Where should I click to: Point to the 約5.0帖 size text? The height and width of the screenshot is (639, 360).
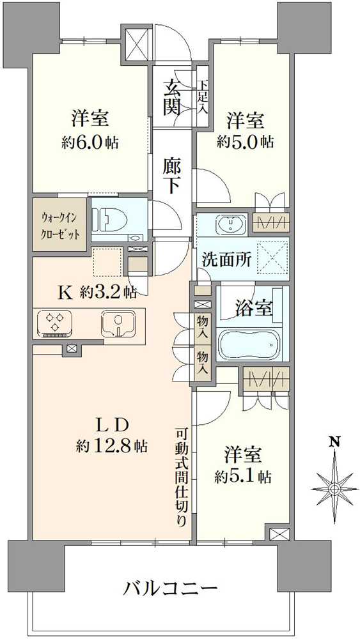click(x=245, y=141)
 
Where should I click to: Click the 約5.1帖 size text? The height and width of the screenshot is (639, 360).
click(x=243, y=476)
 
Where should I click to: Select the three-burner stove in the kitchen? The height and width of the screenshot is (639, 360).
click(x=55, y=322)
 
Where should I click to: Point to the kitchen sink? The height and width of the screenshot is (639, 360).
click(x=116, y=322)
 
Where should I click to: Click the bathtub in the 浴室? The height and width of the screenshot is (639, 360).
click(x=249, y=345)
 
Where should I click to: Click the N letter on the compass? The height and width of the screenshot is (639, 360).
click(x=333, y=442)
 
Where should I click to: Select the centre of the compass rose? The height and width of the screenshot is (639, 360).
click(x=333, y=489)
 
